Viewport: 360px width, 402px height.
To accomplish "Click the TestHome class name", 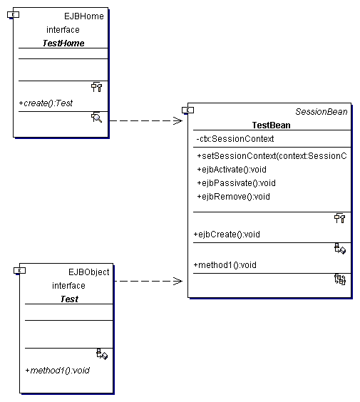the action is [x=63, y=43].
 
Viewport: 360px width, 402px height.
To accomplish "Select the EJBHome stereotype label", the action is [x=84, y=16].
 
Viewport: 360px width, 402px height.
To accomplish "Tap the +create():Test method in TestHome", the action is [x=46, y=103].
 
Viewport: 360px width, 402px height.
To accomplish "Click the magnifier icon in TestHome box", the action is [x=97, y=118].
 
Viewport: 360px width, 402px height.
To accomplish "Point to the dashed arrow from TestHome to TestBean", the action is [x=146, y=120].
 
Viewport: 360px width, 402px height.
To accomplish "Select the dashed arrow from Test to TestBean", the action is [x=148, y=281].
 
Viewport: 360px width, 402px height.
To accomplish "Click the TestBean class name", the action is [x=272, y=125].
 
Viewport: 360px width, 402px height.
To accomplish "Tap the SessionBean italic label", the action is [x=322, y=111].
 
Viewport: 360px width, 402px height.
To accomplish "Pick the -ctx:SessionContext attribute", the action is [x=235, y=139].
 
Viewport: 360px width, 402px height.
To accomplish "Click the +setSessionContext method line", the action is [x=272, y=156].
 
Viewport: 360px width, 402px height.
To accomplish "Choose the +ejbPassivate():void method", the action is [x=236, y=183].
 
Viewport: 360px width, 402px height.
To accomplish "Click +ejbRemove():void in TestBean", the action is [x=233, y=197].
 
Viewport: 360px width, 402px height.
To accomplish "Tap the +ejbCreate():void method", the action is [x=227, y=234].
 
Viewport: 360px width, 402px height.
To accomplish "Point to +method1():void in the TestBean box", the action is [x=225, y=265].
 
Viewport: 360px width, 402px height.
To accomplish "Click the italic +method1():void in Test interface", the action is [x=58, y=370].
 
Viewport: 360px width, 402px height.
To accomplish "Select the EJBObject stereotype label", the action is [x=88, y=272].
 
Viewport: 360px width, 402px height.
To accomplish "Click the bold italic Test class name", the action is [x=69, y=299].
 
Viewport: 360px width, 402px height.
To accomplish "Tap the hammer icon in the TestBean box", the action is [x=340, y=218].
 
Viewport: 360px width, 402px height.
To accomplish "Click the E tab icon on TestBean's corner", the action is [x=187, y=110].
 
